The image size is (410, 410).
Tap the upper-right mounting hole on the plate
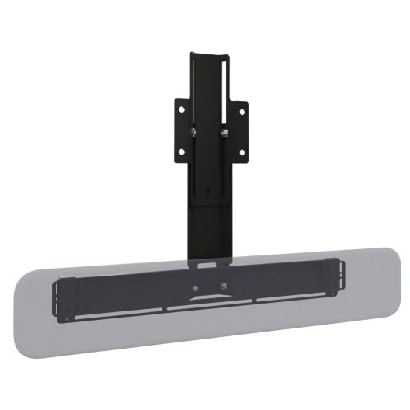point(241,111)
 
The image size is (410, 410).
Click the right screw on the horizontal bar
point(224,285)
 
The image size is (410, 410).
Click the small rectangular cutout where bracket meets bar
point(207,265)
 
